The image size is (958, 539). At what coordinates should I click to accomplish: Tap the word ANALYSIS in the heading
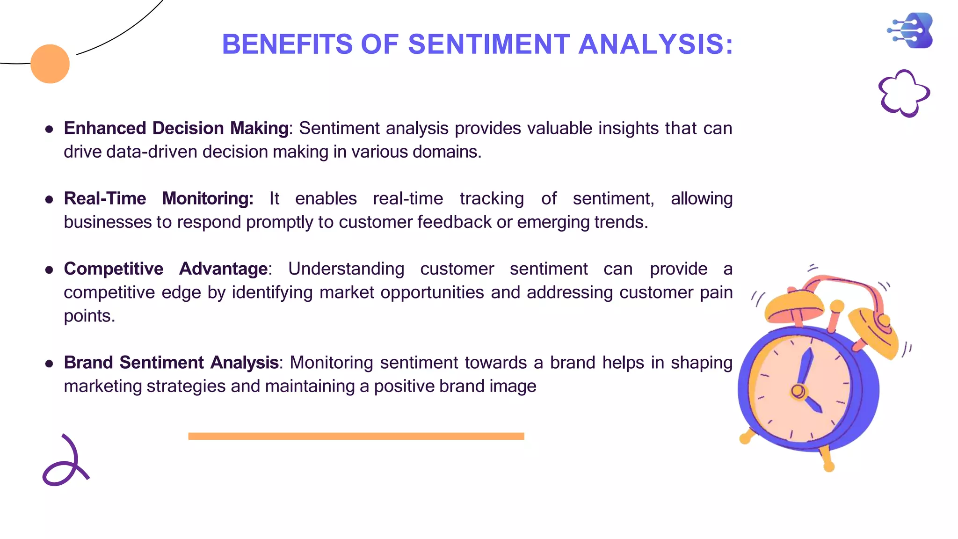click(x=655, y=44)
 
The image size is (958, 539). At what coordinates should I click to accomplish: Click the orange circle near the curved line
click(x=50, y=64)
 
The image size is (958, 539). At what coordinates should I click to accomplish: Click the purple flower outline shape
click(x=904, y=93)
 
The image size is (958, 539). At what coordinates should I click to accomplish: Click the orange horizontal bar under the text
click(x=356, y=436)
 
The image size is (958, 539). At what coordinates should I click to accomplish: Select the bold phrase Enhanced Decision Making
click(x=176, y=128)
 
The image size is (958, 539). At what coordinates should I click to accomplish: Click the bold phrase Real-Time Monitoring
click(x=158, y=198)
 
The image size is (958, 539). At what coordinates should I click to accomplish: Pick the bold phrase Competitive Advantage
click(x=166, y=269)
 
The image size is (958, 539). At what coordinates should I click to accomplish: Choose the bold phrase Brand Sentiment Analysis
click(x=171, y=363)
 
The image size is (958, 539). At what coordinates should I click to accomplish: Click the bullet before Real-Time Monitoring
click(x=49, y=200)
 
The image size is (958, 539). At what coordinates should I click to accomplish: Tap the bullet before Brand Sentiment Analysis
click(x=49, y=364)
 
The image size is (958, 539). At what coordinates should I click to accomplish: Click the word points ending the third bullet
click(x=89, y=316)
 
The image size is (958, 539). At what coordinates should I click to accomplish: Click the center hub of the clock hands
click(x=798, y=391)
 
